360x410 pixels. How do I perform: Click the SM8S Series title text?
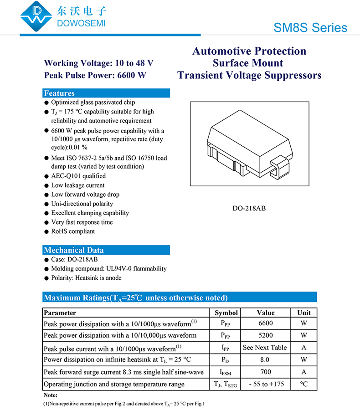point(310,27)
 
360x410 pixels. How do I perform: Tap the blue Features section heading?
point(59,93)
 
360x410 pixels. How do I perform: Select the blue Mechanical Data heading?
point(73,250)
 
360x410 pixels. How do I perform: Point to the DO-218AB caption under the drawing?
point(249,208)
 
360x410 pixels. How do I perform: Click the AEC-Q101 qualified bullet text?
point(78,176)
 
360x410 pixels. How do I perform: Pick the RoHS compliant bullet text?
point(73,231)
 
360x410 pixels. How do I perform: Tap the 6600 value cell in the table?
point(265,323)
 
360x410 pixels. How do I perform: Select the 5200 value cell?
point(265,335)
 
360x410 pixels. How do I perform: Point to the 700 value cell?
point(265,372)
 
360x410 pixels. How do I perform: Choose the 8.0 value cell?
point(265,359)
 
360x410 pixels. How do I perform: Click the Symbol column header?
point(226,313)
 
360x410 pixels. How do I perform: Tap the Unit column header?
point(304,313)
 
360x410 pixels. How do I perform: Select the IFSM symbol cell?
point(226,372)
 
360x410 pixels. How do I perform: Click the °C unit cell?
point(304,384)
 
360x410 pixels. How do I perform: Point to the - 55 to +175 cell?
point(266,384)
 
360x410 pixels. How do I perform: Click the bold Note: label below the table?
point(51,395)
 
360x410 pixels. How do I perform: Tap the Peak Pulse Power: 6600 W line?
point(95,75)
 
